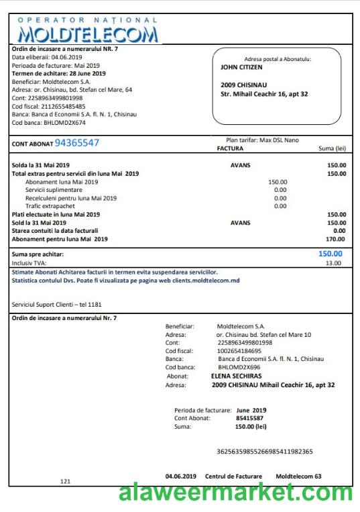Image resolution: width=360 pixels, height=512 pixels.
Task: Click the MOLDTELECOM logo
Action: point(88,32)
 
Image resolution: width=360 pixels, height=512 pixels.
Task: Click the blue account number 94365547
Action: point(76,143)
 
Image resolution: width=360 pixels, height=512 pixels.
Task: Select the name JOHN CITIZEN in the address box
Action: point(241,67)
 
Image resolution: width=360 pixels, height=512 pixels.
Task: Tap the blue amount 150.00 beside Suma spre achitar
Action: point(330,254)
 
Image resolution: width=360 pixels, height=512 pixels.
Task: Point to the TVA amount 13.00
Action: point(333,264)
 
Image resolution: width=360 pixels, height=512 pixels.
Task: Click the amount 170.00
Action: point(335,239)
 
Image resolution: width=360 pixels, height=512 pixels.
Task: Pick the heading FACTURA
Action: point(230,148)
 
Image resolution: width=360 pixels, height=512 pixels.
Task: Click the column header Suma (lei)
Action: point(331,148)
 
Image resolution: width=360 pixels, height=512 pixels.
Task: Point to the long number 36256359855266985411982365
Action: point(265,452)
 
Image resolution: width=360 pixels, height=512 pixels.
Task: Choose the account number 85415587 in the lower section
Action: point(249,418)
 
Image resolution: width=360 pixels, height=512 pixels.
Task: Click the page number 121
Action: point(65,481)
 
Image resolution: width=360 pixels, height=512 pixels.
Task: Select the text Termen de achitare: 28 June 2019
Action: point(59,73)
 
